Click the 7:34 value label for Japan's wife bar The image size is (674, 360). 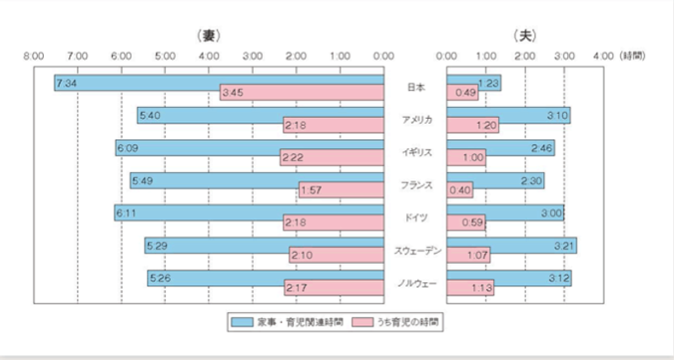[67, 83]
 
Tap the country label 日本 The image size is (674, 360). [415, 87]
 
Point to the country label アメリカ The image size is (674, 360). [415, 120]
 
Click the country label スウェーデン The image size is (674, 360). [415, 250]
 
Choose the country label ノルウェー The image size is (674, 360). [415, 283]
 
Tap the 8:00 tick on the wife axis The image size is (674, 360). [35, 56]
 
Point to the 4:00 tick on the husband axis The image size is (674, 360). [603, 56]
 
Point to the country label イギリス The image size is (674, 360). [415, 153]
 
